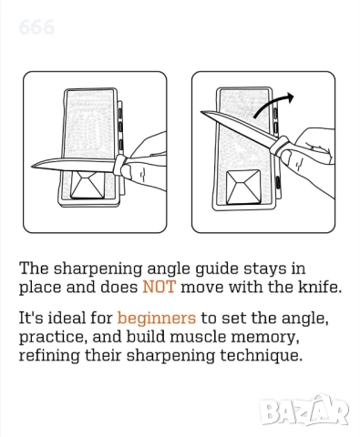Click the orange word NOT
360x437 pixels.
(x=159, y=287)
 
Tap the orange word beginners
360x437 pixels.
(x=157, y=318)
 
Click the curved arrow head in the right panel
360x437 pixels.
(x=290, y=97)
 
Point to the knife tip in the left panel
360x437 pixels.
(x=32, y=167)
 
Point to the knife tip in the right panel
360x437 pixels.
(x=201, y=112)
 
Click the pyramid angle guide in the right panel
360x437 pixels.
(x=243, y=187)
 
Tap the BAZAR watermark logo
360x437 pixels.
(x=303, y=411)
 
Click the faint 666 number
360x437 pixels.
(x=36, y=27)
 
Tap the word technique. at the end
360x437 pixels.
(x=262, y=355)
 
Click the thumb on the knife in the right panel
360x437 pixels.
(x=290, y=159)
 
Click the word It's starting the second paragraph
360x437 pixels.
(x=30, y=318)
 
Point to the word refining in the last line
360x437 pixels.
(x=49, y=355)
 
